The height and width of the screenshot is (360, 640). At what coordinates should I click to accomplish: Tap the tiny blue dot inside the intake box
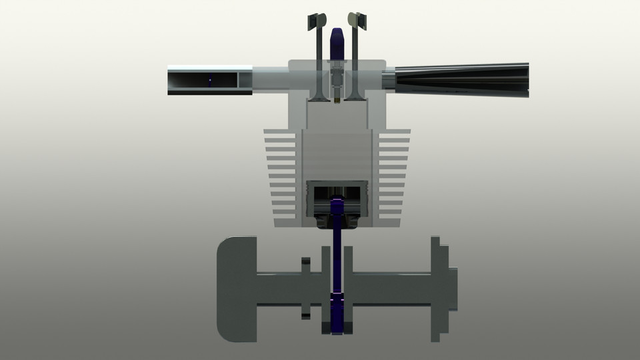click(x=210, y=81)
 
